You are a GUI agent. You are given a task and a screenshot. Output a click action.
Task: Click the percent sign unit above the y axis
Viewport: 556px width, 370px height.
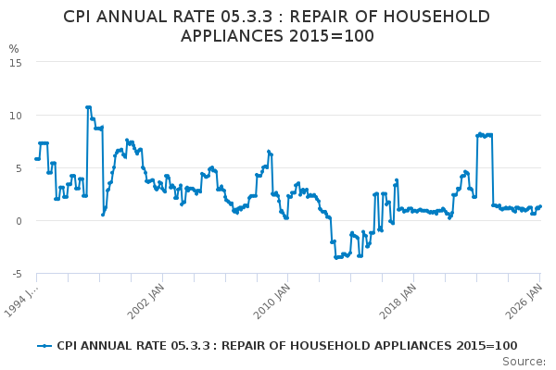(x=13, y=49)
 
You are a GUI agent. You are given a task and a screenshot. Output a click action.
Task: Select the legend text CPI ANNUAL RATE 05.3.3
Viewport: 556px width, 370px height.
(x=125, y=346)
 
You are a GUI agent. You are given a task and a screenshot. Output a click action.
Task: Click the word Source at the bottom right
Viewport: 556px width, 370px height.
(x=524, y=362)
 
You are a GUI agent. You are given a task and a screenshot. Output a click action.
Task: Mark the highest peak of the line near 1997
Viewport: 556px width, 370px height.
(x=88, y=107)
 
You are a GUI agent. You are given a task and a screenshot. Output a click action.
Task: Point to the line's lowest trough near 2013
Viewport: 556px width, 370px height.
(x=336, y=257)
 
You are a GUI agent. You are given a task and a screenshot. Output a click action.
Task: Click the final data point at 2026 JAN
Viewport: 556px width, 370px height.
(x=539, y=206)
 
